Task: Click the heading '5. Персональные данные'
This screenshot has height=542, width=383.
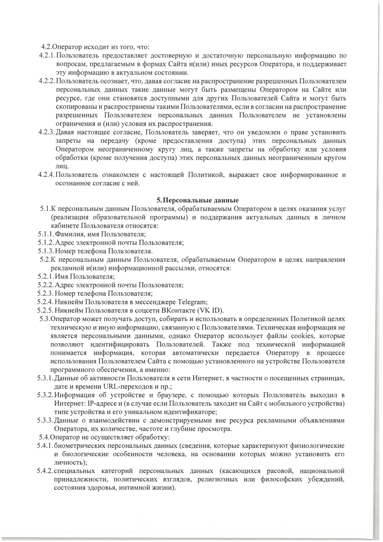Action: pyautogui.click(x=198, y=200)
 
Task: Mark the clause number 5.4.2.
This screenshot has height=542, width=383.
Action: pyautogui.click(x=45, y=471)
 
